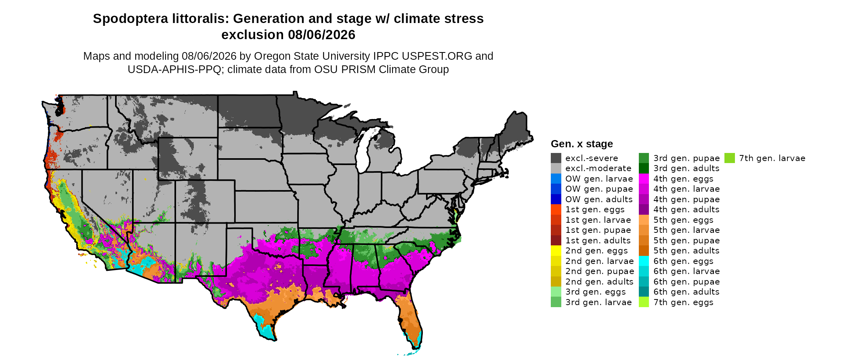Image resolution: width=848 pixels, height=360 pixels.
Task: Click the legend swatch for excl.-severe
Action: click(x=556, y=158)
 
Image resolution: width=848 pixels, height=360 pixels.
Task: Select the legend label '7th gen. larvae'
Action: click(x=772, y=158)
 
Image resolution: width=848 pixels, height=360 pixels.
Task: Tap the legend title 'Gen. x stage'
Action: click(x=581, y=144)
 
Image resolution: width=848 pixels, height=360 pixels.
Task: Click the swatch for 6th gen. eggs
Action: click(x=644, y=261)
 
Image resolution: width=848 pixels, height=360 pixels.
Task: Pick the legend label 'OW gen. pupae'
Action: click(x=599, y=189)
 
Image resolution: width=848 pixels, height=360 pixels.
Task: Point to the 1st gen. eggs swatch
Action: click(x=556, y=209)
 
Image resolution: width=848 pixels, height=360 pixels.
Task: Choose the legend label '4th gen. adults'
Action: click(x=686, y=209)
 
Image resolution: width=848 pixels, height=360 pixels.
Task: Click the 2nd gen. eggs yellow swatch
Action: click(x=556, y=251)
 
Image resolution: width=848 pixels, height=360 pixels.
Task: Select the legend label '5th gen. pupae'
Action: click(x=686, y=241)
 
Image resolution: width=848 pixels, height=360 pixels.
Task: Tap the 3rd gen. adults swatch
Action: click(x=644, y=168)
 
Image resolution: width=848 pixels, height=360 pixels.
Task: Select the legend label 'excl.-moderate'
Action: click(x=598, y=168)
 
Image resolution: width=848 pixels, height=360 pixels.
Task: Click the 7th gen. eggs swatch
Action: click(x=644, y=302)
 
